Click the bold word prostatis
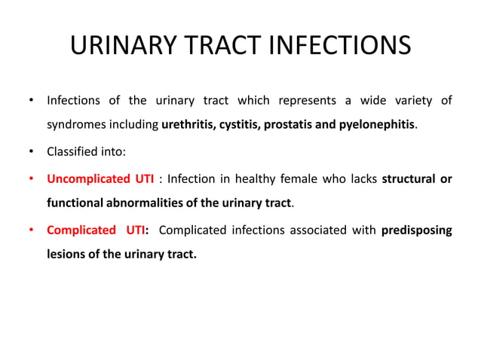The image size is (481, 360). [x=286, y=124]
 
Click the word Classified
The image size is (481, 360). [x=72, y=151]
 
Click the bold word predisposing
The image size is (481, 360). [x=416, y=230]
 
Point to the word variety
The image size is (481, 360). [x=412, y=100]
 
